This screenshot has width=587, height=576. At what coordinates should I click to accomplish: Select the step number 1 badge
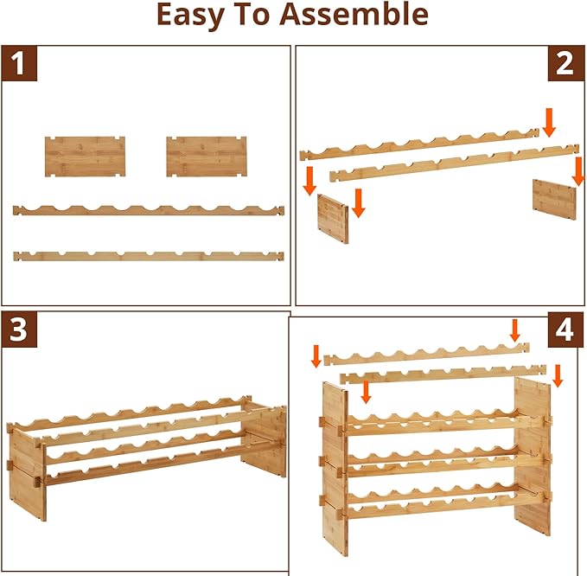[x=20, y=65]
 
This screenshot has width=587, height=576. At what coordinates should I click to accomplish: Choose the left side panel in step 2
[x=333, y=218]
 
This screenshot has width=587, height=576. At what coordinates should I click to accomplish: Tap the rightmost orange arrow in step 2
[x=578, y=170]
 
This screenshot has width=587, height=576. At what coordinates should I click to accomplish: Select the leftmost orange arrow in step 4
[x=316, y=355]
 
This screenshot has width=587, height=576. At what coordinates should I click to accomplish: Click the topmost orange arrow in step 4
[x=515, y=330]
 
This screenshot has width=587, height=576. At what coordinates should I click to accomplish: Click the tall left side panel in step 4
[x=335, y=467]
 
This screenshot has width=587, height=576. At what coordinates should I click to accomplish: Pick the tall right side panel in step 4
[x=532, y=454]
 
